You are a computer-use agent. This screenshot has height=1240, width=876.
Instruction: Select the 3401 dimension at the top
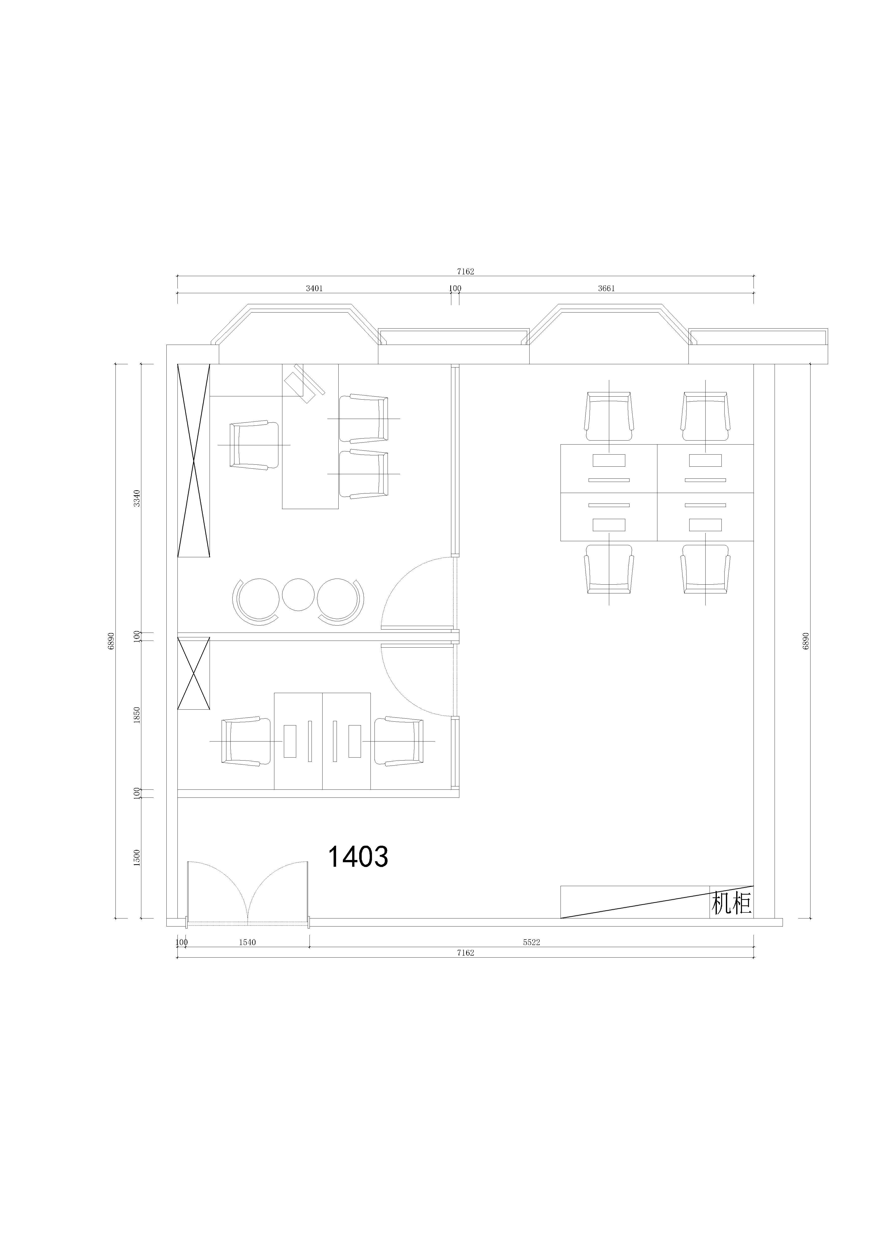click(x=314, y=288)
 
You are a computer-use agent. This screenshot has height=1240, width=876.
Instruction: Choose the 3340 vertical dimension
click(x=137, y=498)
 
